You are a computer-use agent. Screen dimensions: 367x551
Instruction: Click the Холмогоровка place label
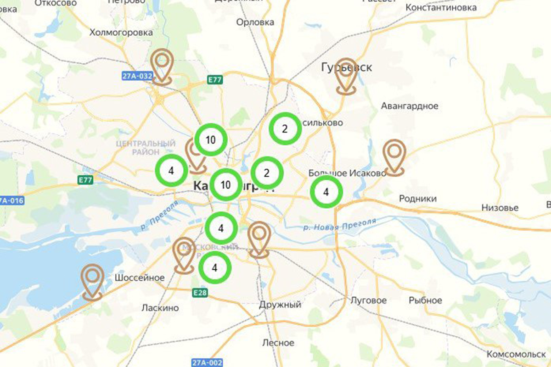[121, 33]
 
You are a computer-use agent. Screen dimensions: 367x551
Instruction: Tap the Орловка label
[255, 22]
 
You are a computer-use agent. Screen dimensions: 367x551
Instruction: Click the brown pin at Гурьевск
[346, 76]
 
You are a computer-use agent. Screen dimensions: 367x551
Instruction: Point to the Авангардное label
[410, 106]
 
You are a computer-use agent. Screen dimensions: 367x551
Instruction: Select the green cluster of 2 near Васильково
[285, 129]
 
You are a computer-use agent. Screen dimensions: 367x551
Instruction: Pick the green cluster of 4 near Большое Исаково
[326, 192]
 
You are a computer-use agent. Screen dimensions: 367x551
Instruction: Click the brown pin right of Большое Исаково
[394, 157]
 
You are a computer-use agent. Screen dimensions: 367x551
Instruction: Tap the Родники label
[418, 199]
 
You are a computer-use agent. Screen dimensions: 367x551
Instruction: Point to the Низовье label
[500, 208]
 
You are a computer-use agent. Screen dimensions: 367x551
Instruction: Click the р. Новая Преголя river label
[339, 224]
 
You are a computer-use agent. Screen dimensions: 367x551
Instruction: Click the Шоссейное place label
[140, 278]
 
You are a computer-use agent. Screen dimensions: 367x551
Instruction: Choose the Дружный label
[280, 305]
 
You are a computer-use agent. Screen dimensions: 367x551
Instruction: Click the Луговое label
[368, 300]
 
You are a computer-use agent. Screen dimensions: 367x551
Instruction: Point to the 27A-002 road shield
[207, 361]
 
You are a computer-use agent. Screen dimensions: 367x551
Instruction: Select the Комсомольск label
[516, 355]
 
